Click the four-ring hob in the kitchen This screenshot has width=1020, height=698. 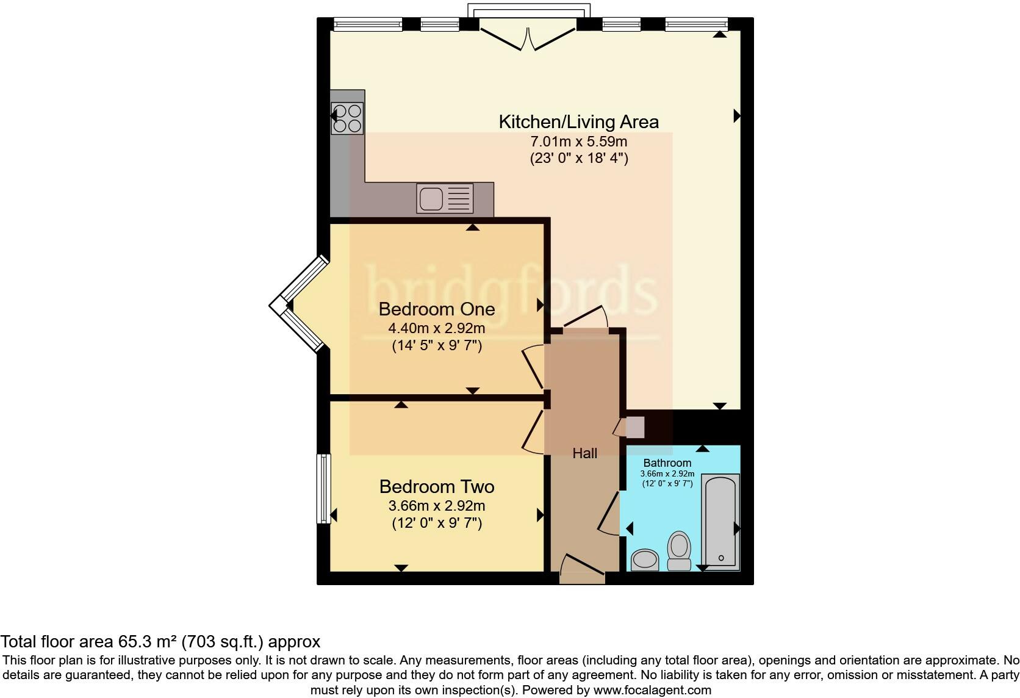(347, 118)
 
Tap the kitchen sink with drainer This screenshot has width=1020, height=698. (445, 198)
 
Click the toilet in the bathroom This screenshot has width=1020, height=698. (679, 550)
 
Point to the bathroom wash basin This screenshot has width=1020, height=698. (644, 559)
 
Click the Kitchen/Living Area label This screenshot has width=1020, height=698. (578, 122)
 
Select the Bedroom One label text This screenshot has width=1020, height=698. (436, 309)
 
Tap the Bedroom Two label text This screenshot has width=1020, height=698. (436, 486)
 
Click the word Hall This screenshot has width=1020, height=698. (584, 453)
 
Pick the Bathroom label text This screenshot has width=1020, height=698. (667, 463)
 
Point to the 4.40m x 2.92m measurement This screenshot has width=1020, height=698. (436, 328)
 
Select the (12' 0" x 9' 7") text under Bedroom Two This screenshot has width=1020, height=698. (436, 523)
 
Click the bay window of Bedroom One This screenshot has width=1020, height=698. (299, 304)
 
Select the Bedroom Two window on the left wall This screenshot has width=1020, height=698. (323, 488)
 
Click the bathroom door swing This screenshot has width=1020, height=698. (609, 514)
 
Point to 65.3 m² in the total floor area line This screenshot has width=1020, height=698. (144, 642)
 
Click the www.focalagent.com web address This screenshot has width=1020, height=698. (652, 691)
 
